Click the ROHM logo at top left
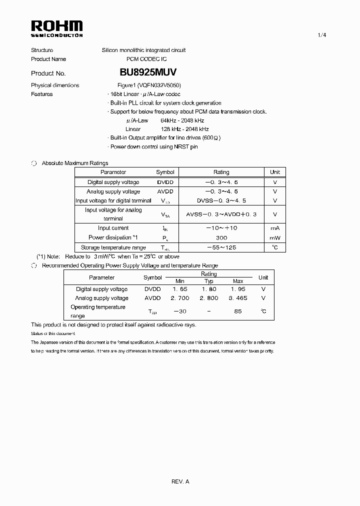[57, 28]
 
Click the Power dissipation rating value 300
[221, 237]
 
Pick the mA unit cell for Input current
[274, 228]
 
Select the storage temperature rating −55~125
[221, 247]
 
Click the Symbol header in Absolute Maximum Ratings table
[165, 172]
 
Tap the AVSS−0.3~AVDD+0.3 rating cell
[221, 214]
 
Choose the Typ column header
[209, 281]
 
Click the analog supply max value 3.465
[238, 298]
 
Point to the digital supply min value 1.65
[180, 289]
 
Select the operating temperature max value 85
[238, 311]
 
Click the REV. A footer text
[180, 481]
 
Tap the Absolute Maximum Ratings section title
[74, 163]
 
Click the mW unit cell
[274, 237]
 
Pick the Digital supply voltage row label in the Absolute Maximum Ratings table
[113, 182]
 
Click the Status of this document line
[53, 333]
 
